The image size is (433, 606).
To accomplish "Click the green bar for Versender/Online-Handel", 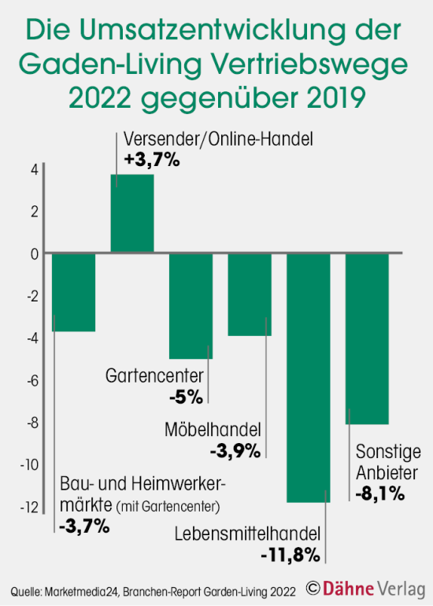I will tap(131, 213).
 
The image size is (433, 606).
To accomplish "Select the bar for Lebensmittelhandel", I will tap(308, 378).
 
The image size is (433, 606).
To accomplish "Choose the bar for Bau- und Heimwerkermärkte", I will tap(73, 292).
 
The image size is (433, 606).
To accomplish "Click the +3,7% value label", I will tap(153, 160).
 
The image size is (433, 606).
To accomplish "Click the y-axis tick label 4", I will tap(34, 169).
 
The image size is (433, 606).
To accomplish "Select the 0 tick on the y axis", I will tap(34, 254).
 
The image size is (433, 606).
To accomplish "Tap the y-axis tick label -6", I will tap(31, 380).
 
